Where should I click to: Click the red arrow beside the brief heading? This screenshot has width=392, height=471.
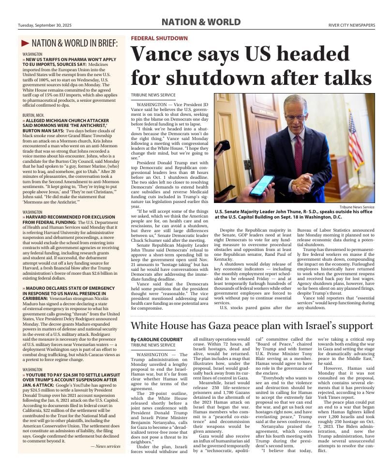tap(25, 44)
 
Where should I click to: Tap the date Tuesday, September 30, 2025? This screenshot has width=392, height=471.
tap(45, 26)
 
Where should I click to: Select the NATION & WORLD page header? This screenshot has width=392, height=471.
tap(200, 22)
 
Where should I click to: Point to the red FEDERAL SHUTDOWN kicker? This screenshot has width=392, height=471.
tap(159, 38)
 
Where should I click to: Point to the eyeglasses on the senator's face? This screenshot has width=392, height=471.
tap(295, 117)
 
